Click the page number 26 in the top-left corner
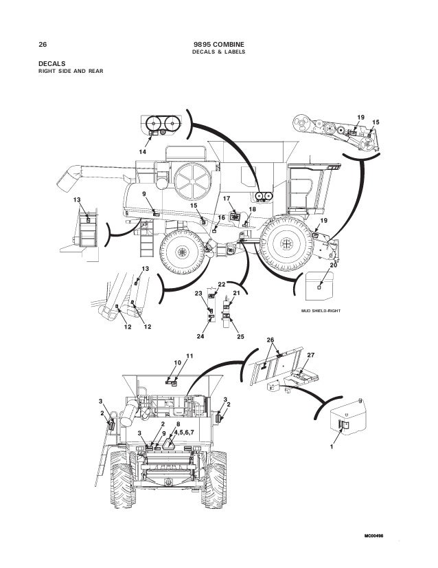pyautogui.click(x=43, y=45)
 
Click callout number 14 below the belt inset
pyautogui.click(x=143, y=151)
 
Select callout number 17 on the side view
pyautogui.click(x=226, y=199)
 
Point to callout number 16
pyautogui.click(x=222, y=217)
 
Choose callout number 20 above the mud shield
pyautogui.click(x=333, y=265)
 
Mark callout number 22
pyautogui.click(x=222, y=284)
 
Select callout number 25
pyautogui.click(x=240, y=336)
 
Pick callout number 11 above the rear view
pyautogui.click(x=189, y=355)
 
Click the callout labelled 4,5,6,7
pyautogui.click(x=184, y=433)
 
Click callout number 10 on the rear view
pyautogui.click(x=177, y=362)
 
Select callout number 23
pyautogui.click(x=198, y=294)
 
